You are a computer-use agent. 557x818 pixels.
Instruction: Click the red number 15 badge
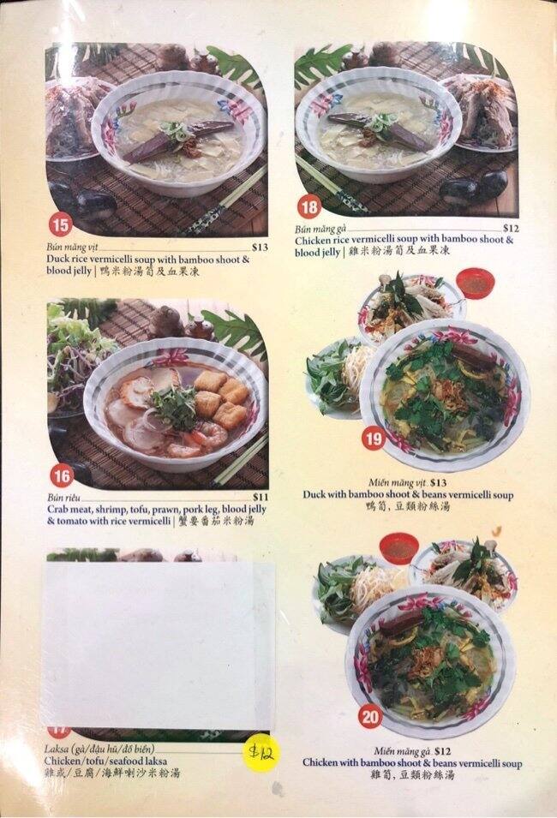[x=60, y=226]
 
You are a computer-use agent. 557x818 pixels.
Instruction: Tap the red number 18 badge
[x=308, y=206]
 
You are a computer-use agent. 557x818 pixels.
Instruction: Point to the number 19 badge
[x=373, y=439]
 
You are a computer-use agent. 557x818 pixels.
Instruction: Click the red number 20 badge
[x=371, y=718]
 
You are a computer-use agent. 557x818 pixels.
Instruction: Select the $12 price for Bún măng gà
[x=511, y=228]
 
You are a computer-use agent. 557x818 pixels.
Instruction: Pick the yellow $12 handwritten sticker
[x=261, y=753]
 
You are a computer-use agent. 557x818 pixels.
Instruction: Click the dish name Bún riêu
[x=63, y=497]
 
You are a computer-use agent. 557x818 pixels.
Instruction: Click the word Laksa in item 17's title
[x=57, y=748]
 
